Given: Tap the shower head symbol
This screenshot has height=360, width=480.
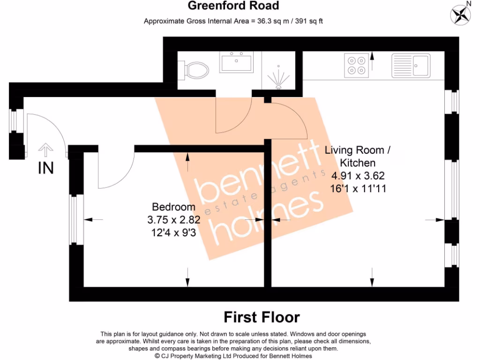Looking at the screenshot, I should tap(278, 77).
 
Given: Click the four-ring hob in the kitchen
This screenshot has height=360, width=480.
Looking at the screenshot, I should tap(356, 65).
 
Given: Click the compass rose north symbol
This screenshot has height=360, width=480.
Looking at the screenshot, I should tap(460, 14).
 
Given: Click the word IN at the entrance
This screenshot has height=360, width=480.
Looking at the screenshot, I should tap(45, 168).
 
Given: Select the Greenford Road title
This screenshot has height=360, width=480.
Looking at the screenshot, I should tap(233, 6).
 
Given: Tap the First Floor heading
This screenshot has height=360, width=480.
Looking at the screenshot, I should tap(262, 317).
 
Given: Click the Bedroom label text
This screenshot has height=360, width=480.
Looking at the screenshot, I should tap(173, 207).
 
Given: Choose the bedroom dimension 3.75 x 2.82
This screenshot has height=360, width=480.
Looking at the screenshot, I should tap(173, 219).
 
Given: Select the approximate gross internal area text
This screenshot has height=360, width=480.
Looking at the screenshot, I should tap(233, 21).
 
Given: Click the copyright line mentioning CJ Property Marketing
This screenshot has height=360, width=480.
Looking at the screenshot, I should tap(233, 356).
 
